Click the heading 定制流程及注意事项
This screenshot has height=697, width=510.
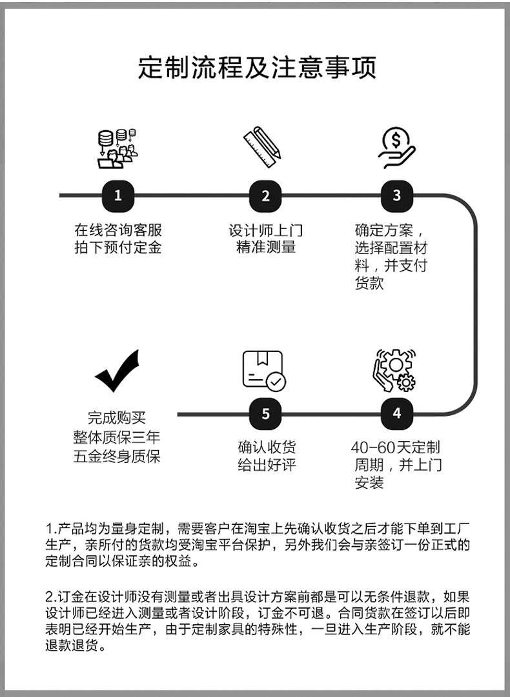[256, 68]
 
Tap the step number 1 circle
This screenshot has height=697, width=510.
[117, 195]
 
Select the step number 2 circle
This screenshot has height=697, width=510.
[265, 195]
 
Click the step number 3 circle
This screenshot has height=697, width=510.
[397, 195]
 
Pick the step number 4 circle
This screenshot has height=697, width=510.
[397, 413]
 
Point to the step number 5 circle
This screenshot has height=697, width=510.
[265, 413]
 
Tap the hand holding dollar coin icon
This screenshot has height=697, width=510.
[395, 148]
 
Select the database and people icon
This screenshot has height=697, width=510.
[117, 148]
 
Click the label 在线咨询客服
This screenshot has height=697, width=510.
[117, 230]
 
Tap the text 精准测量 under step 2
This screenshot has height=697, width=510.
[265, 247]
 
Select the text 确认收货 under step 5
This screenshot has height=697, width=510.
[266, 447]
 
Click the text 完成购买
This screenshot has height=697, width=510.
[117, 418]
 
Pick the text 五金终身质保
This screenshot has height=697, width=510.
[117, 456]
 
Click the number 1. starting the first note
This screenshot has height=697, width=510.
[51, 527]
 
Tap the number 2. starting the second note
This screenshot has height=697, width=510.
[52, 594]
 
